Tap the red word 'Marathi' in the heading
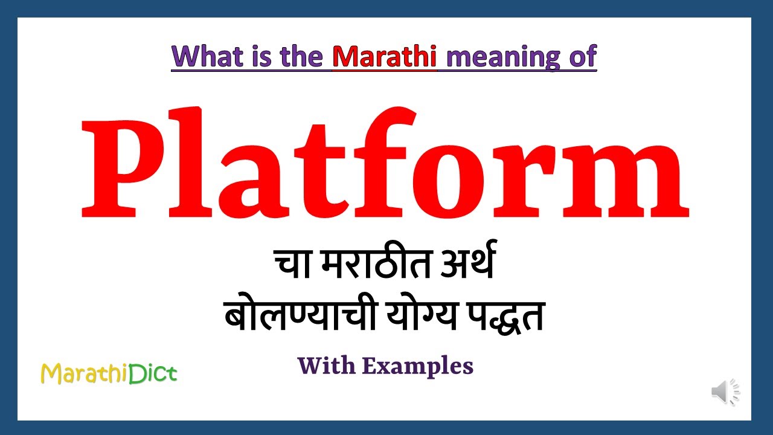[384, 57]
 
